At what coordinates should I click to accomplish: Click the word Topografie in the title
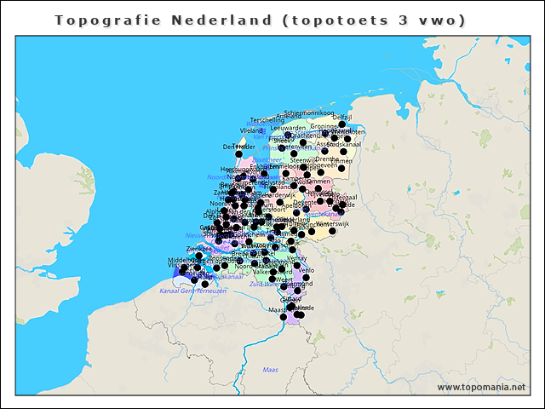point(95,20)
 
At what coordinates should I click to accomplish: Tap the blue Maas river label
point(270,370)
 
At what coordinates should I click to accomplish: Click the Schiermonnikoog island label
point(308,112)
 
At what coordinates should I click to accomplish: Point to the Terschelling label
point(267,120)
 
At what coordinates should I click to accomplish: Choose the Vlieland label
point(252,131)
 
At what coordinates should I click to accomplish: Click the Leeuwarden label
point(288,128)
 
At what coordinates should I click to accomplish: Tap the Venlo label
point(306,269)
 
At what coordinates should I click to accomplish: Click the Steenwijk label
point(302,159)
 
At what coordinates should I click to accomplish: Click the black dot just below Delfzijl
point(342,124)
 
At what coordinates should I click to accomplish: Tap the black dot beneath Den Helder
point(238,154)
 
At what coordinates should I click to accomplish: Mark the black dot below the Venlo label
point(306,278)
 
